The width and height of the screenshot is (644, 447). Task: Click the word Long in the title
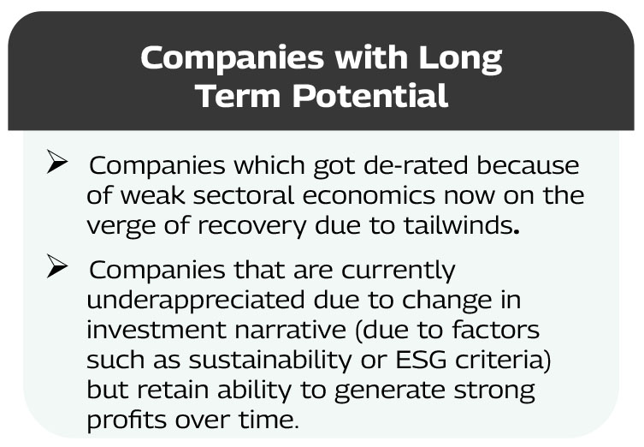[460, 59]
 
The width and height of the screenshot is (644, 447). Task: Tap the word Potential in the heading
[369, 95]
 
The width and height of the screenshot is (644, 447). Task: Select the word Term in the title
[239, 95]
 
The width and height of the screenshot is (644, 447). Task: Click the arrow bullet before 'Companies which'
[57, 162]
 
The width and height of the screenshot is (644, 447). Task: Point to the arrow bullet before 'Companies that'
[57, 266]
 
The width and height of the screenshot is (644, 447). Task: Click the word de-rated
[416, 165]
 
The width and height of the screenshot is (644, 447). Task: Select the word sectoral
[243, 195]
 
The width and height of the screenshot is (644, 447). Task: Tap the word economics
[369, 196]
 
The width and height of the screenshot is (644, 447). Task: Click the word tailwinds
[458, 225]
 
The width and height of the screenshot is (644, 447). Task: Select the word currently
[398, 271]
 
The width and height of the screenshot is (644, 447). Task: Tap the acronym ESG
[421, 360]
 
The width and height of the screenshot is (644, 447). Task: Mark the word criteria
[499, 360]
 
